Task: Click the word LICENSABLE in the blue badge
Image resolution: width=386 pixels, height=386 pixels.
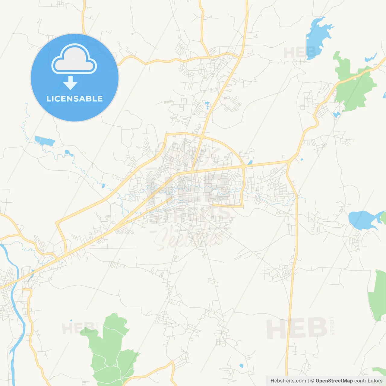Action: coord(74,99)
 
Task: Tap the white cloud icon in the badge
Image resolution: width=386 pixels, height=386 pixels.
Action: coord(74,60)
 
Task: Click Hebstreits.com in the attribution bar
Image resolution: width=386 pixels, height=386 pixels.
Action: coord(288,381)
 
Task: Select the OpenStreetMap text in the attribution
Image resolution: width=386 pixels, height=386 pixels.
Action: coord(334,381)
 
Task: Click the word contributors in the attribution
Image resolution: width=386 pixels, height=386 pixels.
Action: coord(368,381)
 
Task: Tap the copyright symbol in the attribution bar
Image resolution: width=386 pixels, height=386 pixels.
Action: coord(312,381)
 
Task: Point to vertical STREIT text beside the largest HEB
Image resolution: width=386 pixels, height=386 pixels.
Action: coord(332,326)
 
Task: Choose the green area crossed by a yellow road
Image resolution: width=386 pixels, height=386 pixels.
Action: coord(354,83)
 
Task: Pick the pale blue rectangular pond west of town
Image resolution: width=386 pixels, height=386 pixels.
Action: coord(45,141)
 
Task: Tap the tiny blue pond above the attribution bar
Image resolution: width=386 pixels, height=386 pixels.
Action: coord(241,366)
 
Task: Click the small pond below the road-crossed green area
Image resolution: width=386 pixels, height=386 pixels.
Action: coord(336,115)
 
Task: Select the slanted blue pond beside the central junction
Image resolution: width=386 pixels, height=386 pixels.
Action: coord(250,163)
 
